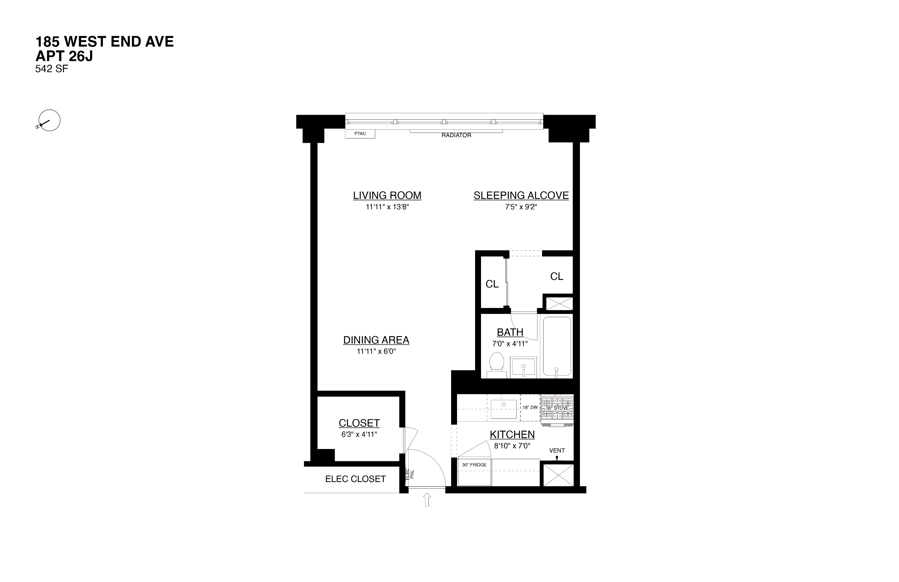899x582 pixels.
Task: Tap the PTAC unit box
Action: click(x=360, y=134)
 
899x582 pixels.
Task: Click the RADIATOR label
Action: click(x=456, y=135)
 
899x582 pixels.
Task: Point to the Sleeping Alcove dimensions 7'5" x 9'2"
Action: click(x=521, y=207)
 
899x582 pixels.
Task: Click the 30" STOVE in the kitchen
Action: click(x=557, y=409)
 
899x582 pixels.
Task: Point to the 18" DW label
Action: click(x=530, y=407)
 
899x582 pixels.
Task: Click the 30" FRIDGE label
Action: click(x=475, y=465)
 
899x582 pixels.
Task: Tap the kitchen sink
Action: click(x=504, y=409)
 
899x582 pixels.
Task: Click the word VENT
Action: click(x=557, y=451)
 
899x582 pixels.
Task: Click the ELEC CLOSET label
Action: click(x=356, y=479)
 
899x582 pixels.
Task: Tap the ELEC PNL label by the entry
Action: click(x=410, y=474)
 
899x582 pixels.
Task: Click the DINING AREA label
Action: click(x=376, y=340)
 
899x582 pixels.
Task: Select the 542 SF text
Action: click(x=52, y=69)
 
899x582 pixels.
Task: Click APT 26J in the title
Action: click(x=64, y=56)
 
